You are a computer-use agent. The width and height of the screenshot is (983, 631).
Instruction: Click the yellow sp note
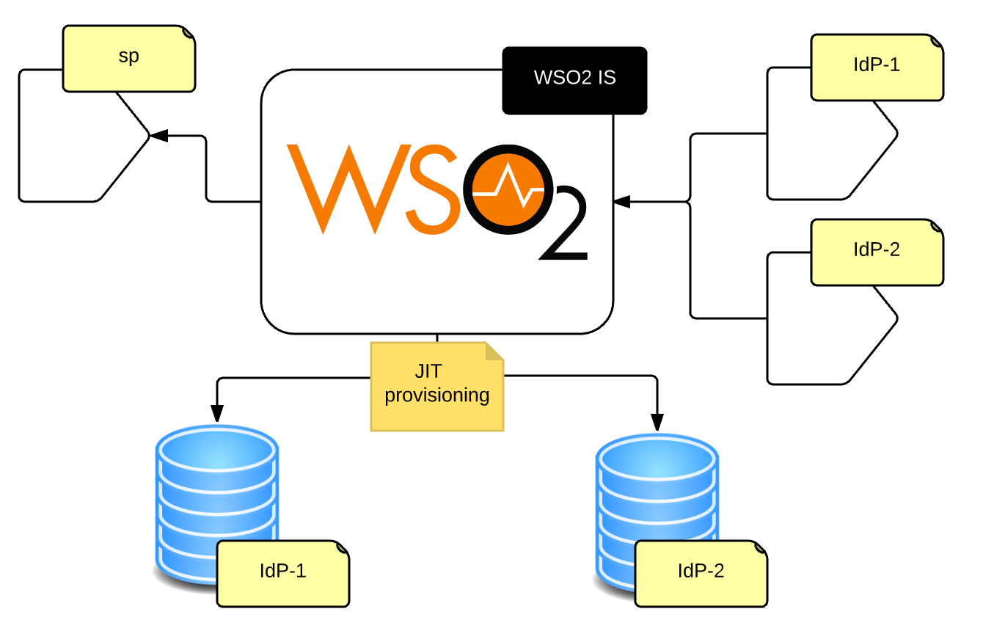pos(129,59)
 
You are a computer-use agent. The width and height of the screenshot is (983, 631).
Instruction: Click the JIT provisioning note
pos(437,386)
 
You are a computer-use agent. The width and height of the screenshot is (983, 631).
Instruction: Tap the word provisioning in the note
pos(437,395)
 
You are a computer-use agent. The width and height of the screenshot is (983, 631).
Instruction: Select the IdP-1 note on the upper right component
pos(877,67)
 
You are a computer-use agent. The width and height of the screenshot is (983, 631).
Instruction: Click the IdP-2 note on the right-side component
pos(877,252)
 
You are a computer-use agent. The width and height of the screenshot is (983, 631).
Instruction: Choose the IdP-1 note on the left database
pos(282,573)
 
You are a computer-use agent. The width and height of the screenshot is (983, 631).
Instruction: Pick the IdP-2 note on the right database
pos(701,573)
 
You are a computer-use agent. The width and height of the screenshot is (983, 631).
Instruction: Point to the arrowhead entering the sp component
pos(158,136)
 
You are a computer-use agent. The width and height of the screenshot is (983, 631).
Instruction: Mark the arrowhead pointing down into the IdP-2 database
pos(657,422)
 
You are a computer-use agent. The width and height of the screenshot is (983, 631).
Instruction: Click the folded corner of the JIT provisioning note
pos(494,351)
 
